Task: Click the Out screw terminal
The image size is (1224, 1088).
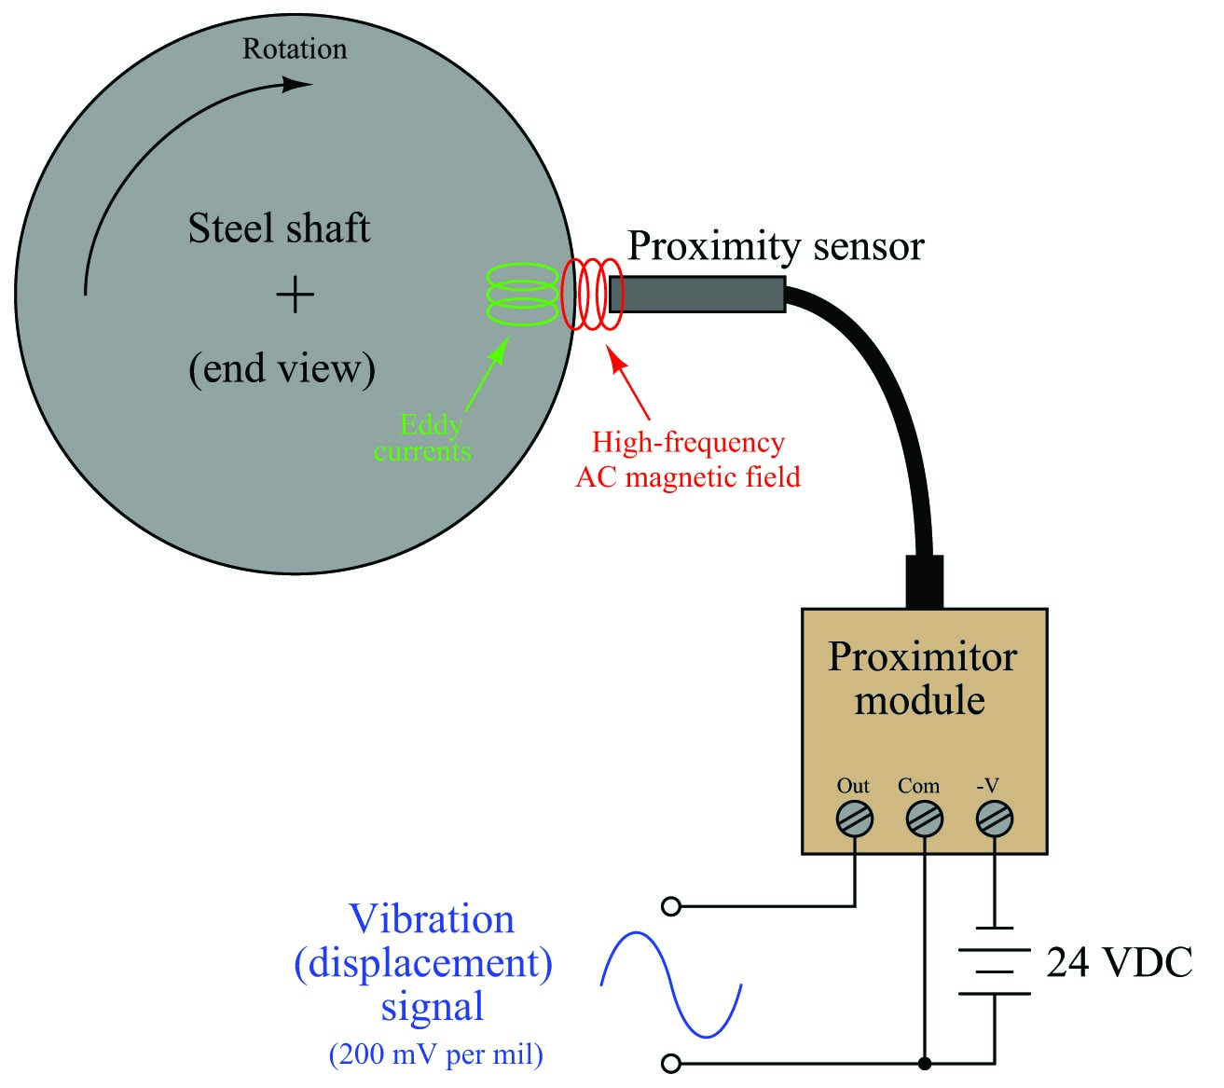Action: tap(854, 819)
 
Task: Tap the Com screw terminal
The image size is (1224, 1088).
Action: tap(925, 819)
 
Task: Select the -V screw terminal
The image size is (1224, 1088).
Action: tap(995, 819)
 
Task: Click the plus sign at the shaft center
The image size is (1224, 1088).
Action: tap(295, 295)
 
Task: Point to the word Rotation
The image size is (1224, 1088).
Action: tap(295, 48)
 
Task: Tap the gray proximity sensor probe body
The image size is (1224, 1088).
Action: tap(697, 295)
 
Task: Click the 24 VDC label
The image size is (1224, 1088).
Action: tap(1120, 962)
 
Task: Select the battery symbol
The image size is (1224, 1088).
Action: tap(995, 960)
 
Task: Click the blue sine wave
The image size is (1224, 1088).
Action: tap(670, 985)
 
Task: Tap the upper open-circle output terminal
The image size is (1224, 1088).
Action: tap(671, 906)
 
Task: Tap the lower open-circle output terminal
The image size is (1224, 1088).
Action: tap(671, 1063)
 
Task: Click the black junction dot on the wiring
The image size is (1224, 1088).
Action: tap(925, 1063)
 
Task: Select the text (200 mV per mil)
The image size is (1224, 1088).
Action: tap(436, 1054)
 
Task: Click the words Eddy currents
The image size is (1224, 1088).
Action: tap(423, 438)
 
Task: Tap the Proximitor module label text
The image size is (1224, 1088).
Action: tap(922, 679)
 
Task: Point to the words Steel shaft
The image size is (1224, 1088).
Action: tap(279, 228)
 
